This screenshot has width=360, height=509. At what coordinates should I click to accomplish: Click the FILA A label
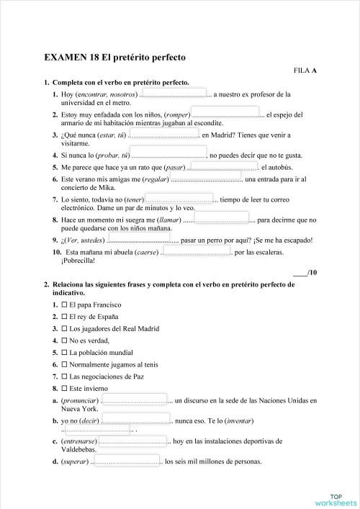coord(305,71)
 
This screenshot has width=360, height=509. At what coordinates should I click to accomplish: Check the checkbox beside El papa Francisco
coord(64,305)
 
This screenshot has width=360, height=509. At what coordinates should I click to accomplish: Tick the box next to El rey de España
coord(64,317)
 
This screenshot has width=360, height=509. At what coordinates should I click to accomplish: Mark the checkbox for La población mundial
coord(64,353)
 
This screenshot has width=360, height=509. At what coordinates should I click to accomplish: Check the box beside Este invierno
coord(64,388)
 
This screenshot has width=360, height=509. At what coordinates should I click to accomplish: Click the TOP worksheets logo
coord(335,498)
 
